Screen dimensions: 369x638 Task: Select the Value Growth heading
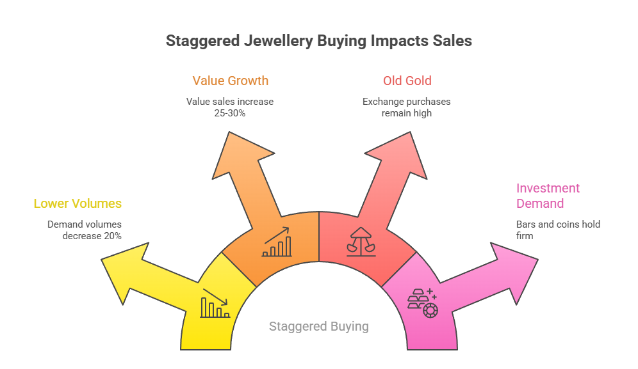click(230, 81)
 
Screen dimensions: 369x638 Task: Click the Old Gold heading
click(407, 81)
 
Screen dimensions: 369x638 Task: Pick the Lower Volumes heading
click(78, 204)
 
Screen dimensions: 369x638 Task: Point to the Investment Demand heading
click(548, 196)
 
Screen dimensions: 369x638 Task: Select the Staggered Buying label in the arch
click(318, 326)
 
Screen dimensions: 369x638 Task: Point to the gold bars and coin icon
click(421, 302)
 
